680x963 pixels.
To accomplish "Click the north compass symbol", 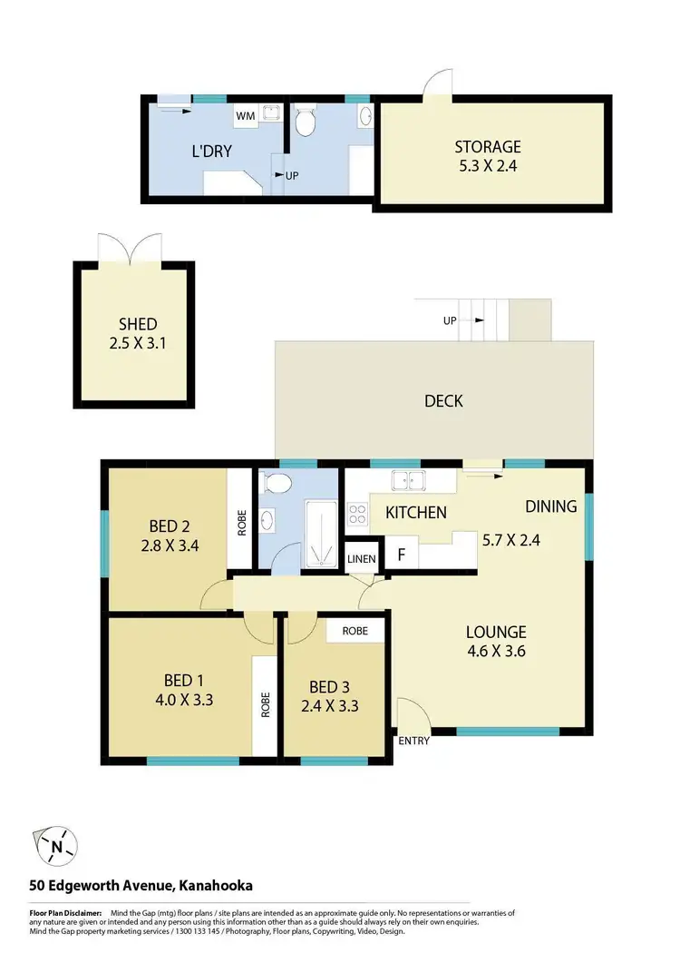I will tap(56, 848).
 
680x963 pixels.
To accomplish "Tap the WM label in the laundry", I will tap(245, 116).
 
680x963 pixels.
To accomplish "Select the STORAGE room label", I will tap(488, 146).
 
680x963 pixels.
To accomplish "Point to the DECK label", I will tap(443, 400).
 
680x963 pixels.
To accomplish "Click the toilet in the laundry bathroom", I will tap(306, 121).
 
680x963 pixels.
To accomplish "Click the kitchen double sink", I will tap(406, 479).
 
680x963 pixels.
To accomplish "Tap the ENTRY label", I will tap(413, 741).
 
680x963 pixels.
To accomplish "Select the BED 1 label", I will tap(178, 681).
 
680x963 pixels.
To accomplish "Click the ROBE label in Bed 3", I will tap(355, 630).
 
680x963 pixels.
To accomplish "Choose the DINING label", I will tap(550, 506).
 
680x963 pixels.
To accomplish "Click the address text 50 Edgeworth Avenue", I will tap(101, 885).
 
